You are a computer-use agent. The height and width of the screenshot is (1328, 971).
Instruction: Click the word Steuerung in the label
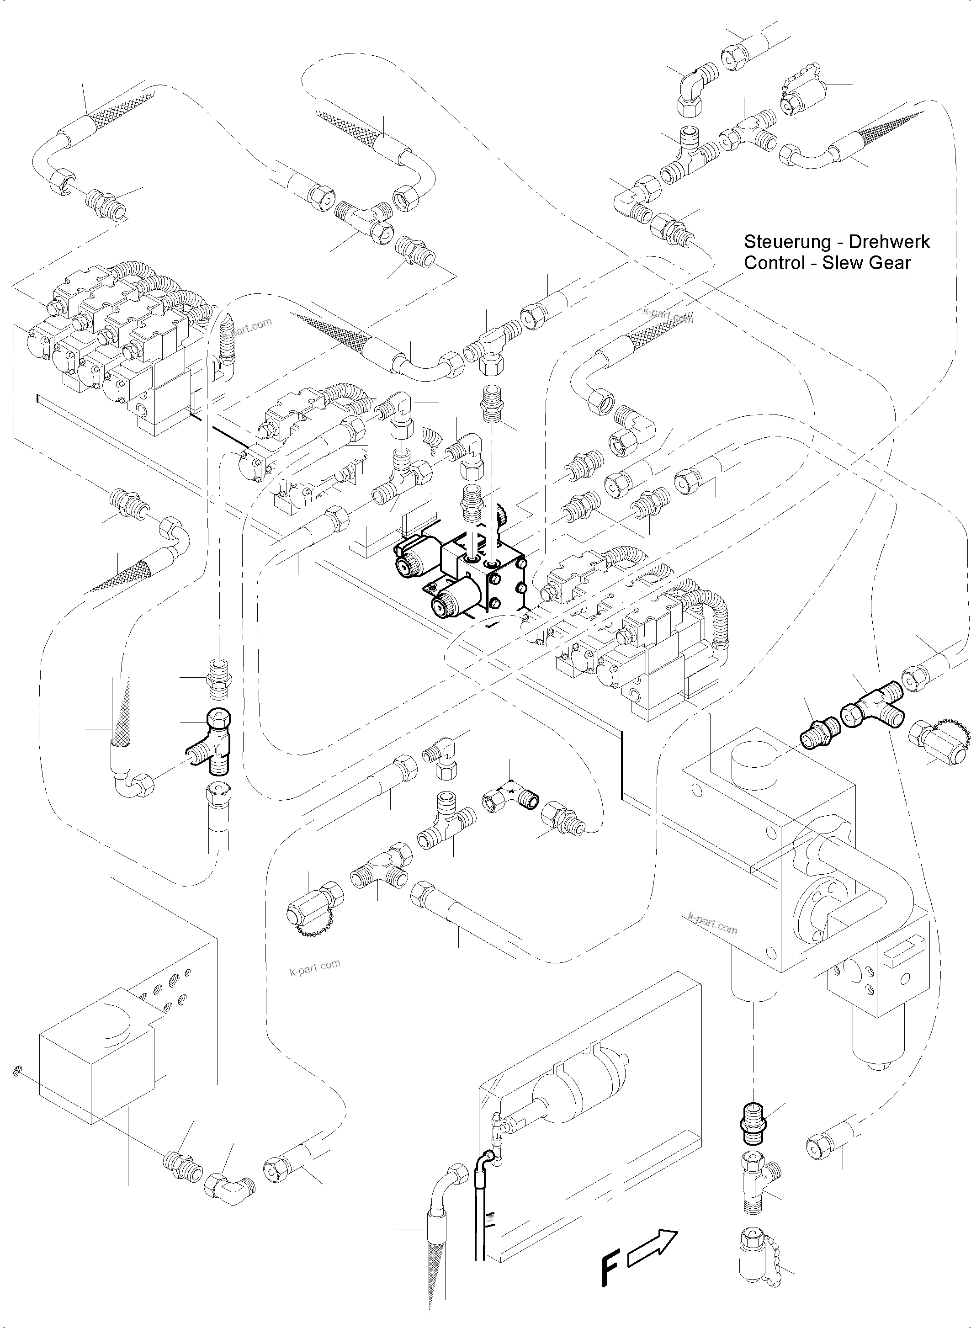pyautogui.click(x=780, y=242)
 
